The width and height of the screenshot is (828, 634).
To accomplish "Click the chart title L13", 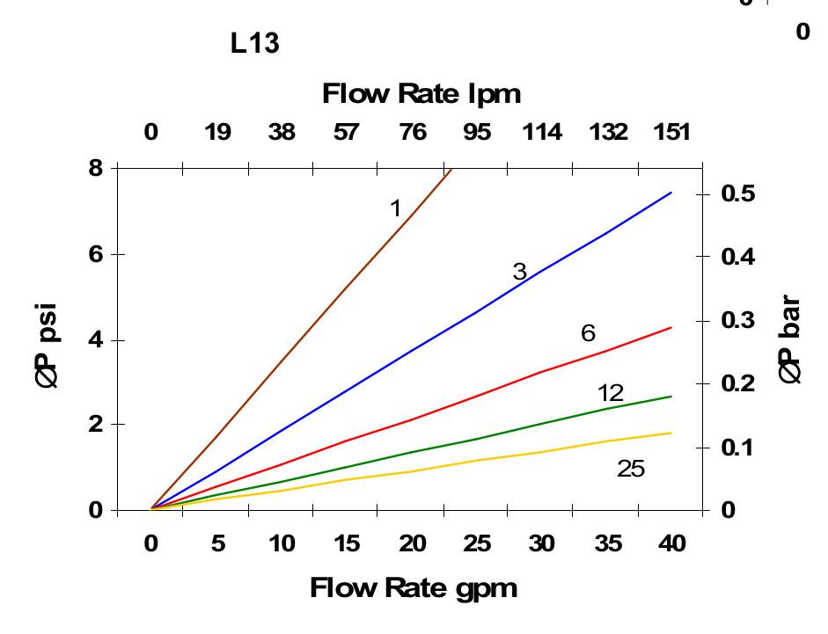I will click(x=255, y=44).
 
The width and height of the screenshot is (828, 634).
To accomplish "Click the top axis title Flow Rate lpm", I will click(x=421, y=92).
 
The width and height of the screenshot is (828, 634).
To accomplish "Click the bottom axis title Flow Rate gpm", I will click(x=413, y=587).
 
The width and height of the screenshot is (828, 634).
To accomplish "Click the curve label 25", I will click(x=631, y=470).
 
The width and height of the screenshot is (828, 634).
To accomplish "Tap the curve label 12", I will click(x=611, y=393).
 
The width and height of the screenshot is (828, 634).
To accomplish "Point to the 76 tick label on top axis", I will click(x=412, y=133).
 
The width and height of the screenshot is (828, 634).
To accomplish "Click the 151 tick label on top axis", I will click(x=672, y=133).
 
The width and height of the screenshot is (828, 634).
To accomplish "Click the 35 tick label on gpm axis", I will click(x=607, y=544).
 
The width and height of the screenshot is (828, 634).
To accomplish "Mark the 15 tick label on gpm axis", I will click(x=347, y=544).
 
